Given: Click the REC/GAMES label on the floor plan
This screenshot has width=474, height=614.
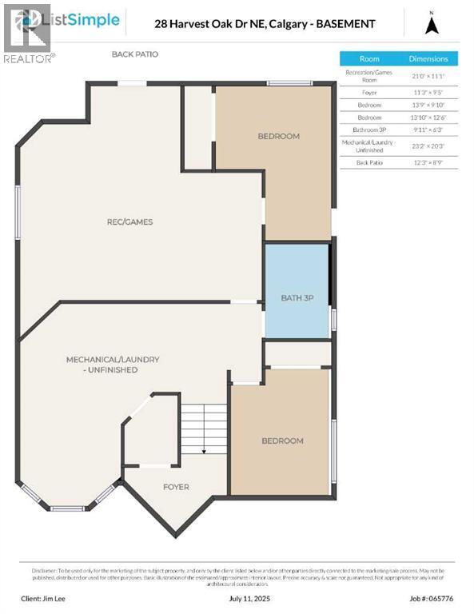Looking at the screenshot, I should pyautogui.click(x=130, y=221).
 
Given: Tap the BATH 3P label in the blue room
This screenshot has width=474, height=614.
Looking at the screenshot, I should pyautogui.click(x=297, y=297).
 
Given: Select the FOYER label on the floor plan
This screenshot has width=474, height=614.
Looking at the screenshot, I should pyautogui.click(x=176, y=486).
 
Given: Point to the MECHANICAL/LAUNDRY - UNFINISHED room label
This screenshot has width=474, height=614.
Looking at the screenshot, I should pyautogui.click(x=113, y=365).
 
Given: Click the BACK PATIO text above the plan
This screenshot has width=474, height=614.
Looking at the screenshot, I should pyautogui.click(x=135, y=54).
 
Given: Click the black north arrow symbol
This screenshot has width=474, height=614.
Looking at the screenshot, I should pyautogui.click(x=432, y=25).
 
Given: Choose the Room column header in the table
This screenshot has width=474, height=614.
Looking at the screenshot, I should pyautogui.click(x=369, y=58).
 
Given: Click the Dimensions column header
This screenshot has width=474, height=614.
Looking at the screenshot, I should pyautogui.click(x=428, y=58).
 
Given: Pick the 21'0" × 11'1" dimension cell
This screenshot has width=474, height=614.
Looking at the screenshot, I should pyautogui.click(x=428, y=76).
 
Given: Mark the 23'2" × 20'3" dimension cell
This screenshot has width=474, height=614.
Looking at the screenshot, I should pyautogui.click(x=428, y=146).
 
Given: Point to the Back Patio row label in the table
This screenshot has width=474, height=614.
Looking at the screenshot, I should pyautogui.click(x=369, y=162).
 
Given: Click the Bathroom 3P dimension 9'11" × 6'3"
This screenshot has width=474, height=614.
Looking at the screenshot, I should pyautogui.click(x=428, y=129).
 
